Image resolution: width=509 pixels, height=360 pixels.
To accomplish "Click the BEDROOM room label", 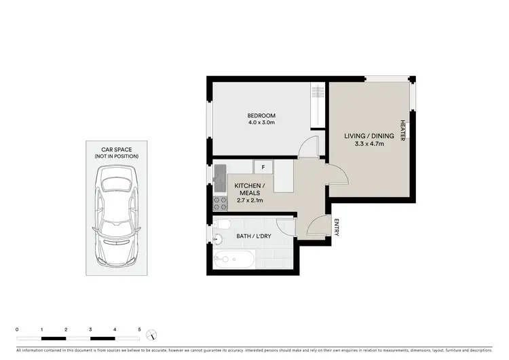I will [x=261, y=115].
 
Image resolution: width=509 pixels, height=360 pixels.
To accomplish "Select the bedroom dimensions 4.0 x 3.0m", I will [x=261, y=123].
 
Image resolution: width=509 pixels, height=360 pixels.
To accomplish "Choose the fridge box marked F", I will [x=262, y=166].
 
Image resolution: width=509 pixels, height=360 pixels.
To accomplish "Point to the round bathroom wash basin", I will [x=218, y=239].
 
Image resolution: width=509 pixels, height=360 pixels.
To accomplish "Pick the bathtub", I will [x=235, y=259].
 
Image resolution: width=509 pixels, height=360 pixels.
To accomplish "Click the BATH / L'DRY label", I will [x=254, y=236].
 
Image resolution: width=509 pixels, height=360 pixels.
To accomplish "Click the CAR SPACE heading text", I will [x=117, y=149].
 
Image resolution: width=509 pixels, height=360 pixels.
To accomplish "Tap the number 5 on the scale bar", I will [x=139, y=329].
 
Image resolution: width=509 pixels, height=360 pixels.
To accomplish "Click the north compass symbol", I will [x=155, y=334].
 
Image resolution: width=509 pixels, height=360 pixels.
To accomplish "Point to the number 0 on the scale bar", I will [x=17, y=329].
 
